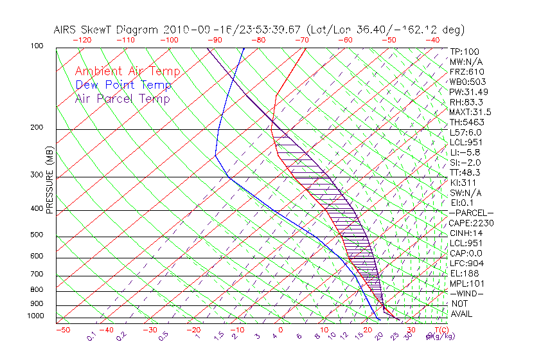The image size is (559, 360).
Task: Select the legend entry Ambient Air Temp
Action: click(127, 71)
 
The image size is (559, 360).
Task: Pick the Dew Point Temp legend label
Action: click(123, 85)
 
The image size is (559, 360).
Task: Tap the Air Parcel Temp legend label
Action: click(122, 98)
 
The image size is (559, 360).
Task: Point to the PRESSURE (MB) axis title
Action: click(49, 180)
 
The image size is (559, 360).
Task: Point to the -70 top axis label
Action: click(301, 40)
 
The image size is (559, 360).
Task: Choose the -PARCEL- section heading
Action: click(471, 213)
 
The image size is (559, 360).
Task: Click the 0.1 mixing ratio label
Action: click(91, 335)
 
